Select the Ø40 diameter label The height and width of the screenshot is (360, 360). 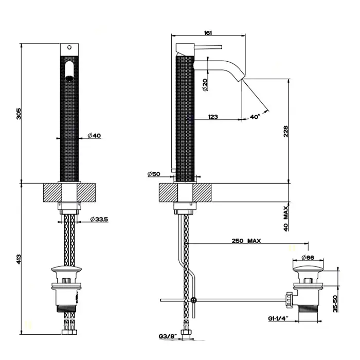(x=94, y=136)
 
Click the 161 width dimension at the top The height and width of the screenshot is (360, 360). (x=208, y=33)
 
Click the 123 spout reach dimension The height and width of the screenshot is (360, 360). (x=213, y=117)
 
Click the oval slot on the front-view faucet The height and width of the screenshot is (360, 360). (x=69, y=70)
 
